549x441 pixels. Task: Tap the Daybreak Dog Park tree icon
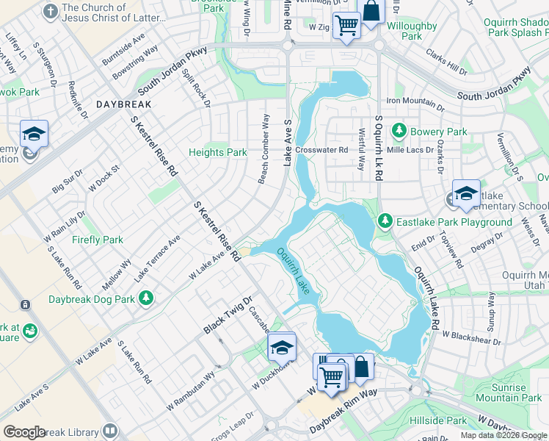tap(147, 298)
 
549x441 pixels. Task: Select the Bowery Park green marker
tap(399, 131)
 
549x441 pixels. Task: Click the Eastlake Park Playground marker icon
tap(385, 220)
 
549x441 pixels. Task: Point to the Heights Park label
tap(218, 152)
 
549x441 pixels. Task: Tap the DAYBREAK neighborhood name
tap(123, 105)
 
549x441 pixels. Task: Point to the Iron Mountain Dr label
tap(415, 101)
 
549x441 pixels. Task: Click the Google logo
tap(24, 432)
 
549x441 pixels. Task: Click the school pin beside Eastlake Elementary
tap(466, 193)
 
